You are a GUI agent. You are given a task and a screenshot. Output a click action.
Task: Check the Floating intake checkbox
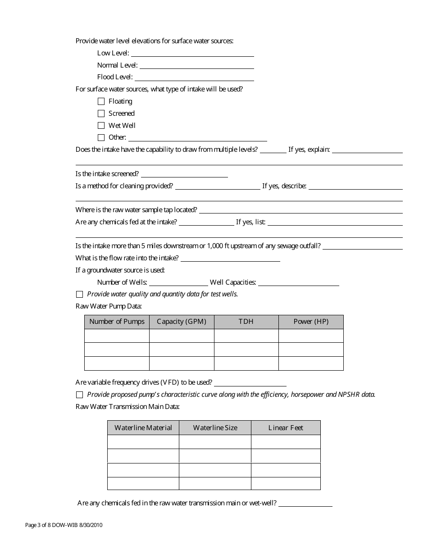101,101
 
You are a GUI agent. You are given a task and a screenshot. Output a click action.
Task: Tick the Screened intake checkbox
101,114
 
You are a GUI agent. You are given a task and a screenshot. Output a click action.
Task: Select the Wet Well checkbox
101,126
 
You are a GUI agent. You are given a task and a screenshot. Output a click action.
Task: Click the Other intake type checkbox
101,137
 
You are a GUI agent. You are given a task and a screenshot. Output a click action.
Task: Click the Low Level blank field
192,53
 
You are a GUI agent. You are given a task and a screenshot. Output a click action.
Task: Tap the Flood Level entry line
194,77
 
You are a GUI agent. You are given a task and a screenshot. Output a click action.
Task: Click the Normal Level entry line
196,65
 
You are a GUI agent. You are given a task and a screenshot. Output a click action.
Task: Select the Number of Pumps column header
117,322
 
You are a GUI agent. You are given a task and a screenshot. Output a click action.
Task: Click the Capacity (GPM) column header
182,322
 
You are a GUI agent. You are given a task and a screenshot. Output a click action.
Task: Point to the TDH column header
246,322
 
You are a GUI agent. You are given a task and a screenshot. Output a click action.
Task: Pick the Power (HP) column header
311,322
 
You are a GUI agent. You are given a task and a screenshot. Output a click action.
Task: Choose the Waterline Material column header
143,427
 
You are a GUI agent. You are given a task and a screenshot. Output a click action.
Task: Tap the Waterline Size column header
215,427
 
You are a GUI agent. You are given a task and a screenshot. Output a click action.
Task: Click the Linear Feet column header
286,427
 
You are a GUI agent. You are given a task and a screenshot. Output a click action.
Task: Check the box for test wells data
80,294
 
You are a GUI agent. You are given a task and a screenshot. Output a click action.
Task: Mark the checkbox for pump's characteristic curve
80,395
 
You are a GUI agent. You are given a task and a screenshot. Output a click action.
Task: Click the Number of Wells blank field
178,282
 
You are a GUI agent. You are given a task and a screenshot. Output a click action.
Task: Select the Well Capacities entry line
298,282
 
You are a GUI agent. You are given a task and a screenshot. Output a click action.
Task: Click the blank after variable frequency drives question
250,382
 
